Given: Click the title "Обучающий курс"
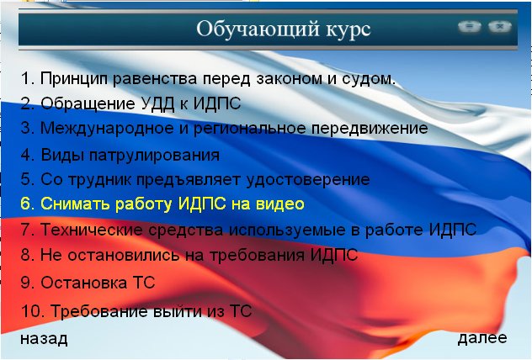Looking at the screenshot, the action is (284, 29).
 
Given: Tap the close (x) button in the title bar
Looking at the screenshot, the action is (500, 26).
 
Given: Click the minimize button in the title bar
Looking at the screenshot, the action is (469, 26).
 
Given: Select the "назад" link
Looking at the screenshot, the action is (44, 339).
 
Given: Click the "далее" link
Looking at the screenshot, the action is (482, 338).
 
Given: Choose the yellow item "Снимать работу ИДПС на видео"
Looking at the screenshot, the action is (162, 204).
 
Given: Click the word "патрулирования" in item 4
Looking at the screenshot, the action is (154, 156).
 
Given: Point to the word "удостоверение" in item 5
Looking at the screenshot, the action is (308, 180).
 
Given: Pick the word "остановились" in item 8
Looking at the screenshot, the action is (124, 255).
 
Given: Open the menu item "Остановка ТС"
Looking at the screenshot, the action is (88, 283).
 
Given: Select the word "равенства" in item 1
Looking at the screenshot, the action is (155, 78).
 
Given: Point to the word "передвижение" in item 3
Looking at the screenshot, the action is (370, 129).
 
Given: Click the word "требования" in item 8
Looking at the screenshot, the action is (257, 255).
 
